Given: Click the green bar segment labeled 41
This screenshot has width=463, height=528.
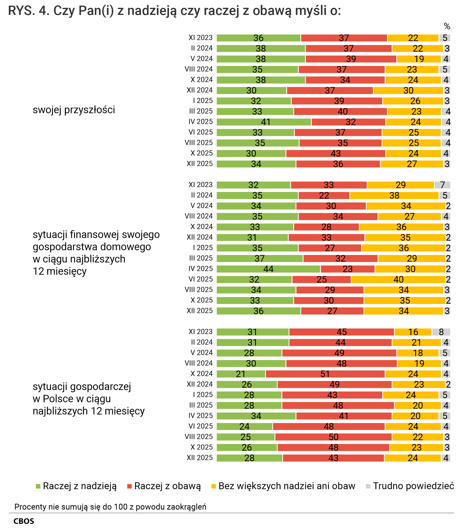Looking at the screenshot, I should click(x=264, y=122).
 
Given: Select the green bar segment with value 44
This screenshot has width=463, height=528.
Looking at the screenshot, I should click(x=268, y=269).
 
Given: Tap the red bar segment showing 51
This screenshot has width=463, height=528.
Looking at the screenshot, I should click(x=325, y=374).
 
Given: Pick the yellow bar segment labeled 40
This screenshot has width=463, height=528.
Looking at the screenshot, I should click(x=398, y=280).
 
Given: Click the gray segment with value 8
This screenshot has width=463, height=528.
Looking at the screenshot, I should click(x=441, y=332).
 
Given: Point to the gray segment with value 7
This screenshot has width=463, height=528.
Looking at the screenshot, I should click(x=442, y=185).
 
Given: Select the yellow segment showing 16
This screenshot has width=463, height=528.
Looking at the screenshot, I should click(x=413, y=332).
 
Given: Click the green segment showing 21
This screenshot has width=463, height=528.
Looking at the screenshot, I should click(x=241, y=374).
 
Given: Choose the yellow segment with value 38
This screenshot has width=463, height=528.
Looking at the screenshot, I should click(x=394, y=195).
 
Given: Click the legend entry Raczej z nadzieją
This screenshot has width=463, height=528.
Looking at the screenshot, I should click(x=76, y=486).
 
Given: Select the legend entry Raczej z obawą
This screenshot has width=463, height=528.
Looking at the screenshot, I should click(x=164, y=486).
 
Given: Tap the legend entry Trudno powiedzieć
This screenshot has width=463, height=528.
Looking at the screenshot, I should click(x=410, y=486).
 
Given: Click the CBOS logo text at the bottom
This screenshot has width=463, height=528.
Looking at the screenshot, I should click(x=24, y=521).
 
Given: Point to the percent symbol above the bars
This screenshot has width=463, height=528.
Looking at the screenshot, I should click(x=447, y=26).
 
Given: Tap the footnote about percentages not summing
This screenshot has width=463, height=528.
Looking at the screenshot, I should click(x=110, y=507).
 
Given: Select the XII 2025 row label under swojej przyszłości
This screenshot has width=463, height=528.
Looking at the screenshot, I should click(x=200, y=164).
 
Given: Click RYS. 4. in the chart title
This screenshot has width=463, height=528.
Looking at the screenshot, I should click(x=29, y=11).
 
